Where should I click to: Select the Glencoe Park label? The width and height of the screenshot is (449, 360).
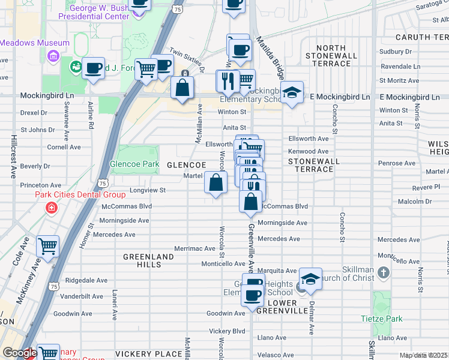pyautogui.click(x=134, y=163)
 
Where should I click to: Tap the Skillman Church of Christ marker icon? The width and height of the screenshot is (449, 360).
pyautogui.click(x=385, y=273)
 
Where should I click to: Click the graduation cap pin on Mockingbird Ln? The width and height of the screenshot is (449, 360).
pyautogui.click(x=292, y=93)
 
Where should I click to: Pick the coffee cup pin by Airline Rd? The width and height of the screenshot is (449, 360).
pyautogui.click(x=93, y=68)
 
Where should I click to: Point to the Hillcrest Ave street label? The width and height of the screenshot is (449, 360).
pyautogui.click(x=12, y=155)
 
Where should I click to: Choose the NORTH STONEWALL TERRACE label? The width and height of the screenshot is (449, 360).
pyautogui.click(x=328, y=55)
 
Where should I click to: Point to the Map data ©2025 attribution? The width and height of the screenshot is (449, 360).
pyautogui.click(x=424, y=355)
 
